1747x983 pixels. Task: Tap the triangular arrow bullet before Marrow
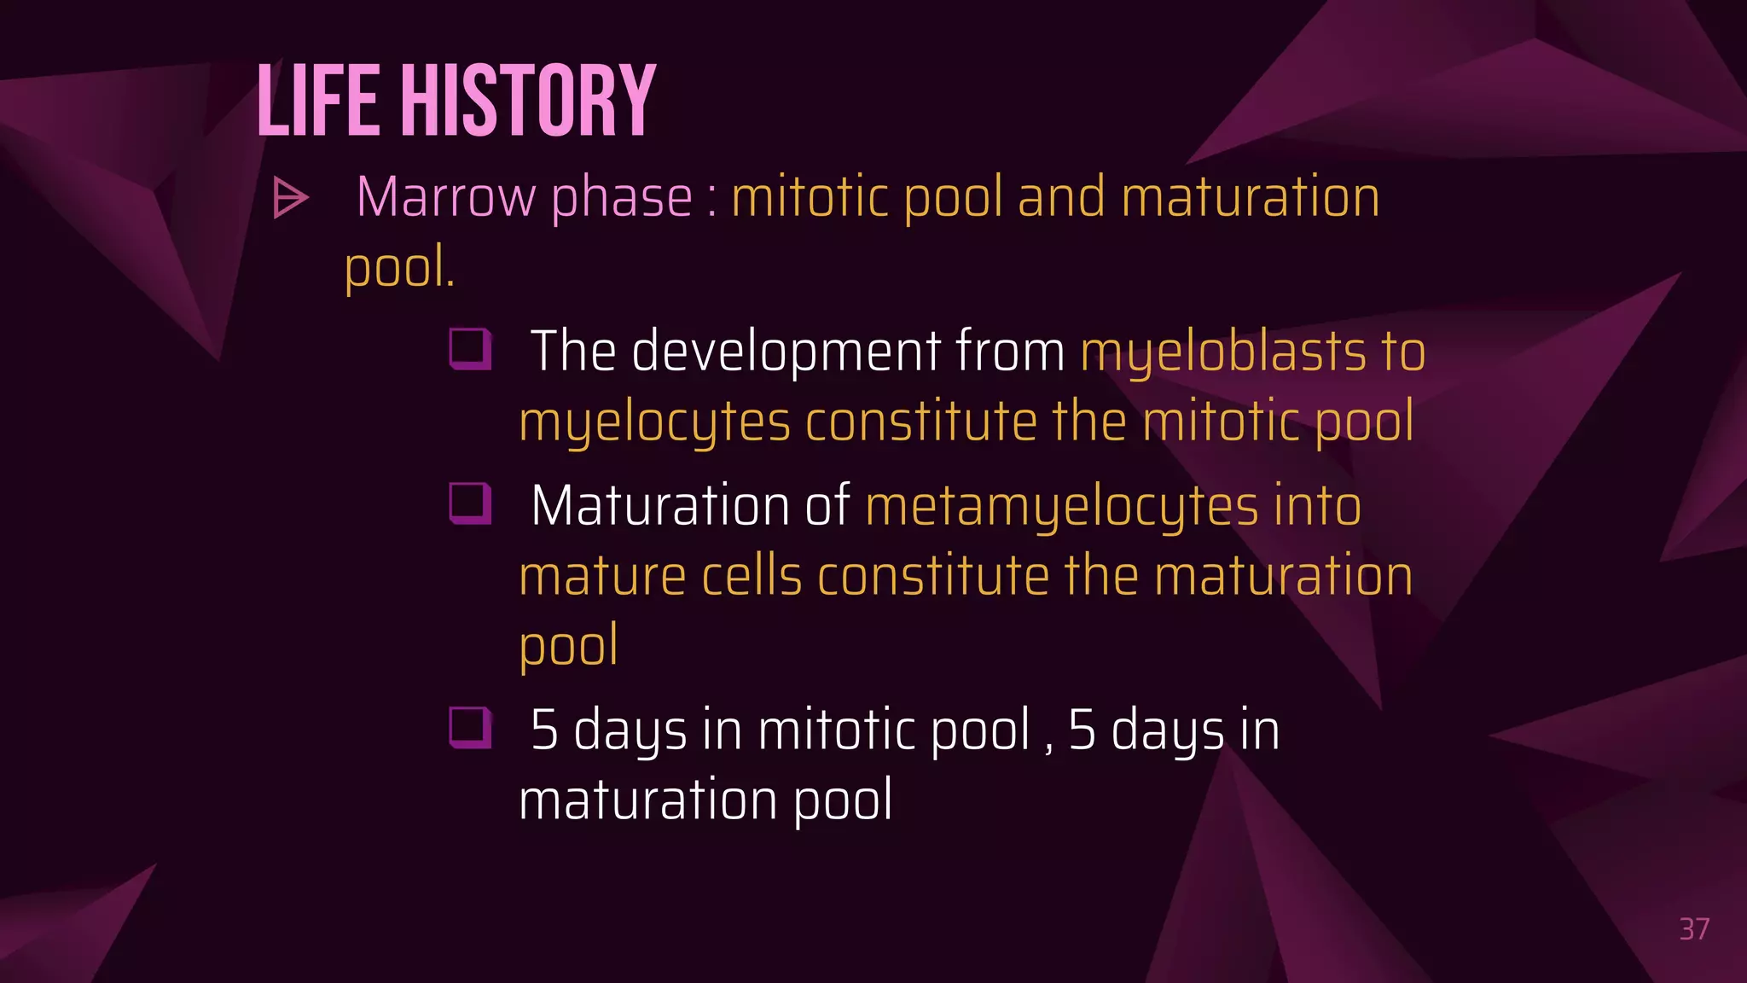pos(290,198)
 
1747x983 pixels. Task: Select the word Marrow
pos(447,198)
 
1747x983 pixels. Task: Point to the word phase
pos(622,198)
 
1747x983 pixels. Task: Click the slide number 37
pos(1694,929)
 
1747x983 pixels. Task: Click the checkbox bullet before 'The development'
pos(470,349)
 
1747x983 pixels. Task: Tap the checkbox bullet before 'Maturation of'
pos(470,503)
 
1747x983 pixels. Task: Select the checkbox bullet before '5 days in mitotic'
pos(470,728)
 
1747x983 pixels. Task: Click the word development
pos(786,352)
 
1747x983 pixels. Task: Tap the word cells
pos(752,577)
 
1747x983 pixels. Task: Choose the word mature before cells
pos(602,577)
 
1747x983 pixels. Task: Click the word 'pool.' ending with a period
pos(399,268)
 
